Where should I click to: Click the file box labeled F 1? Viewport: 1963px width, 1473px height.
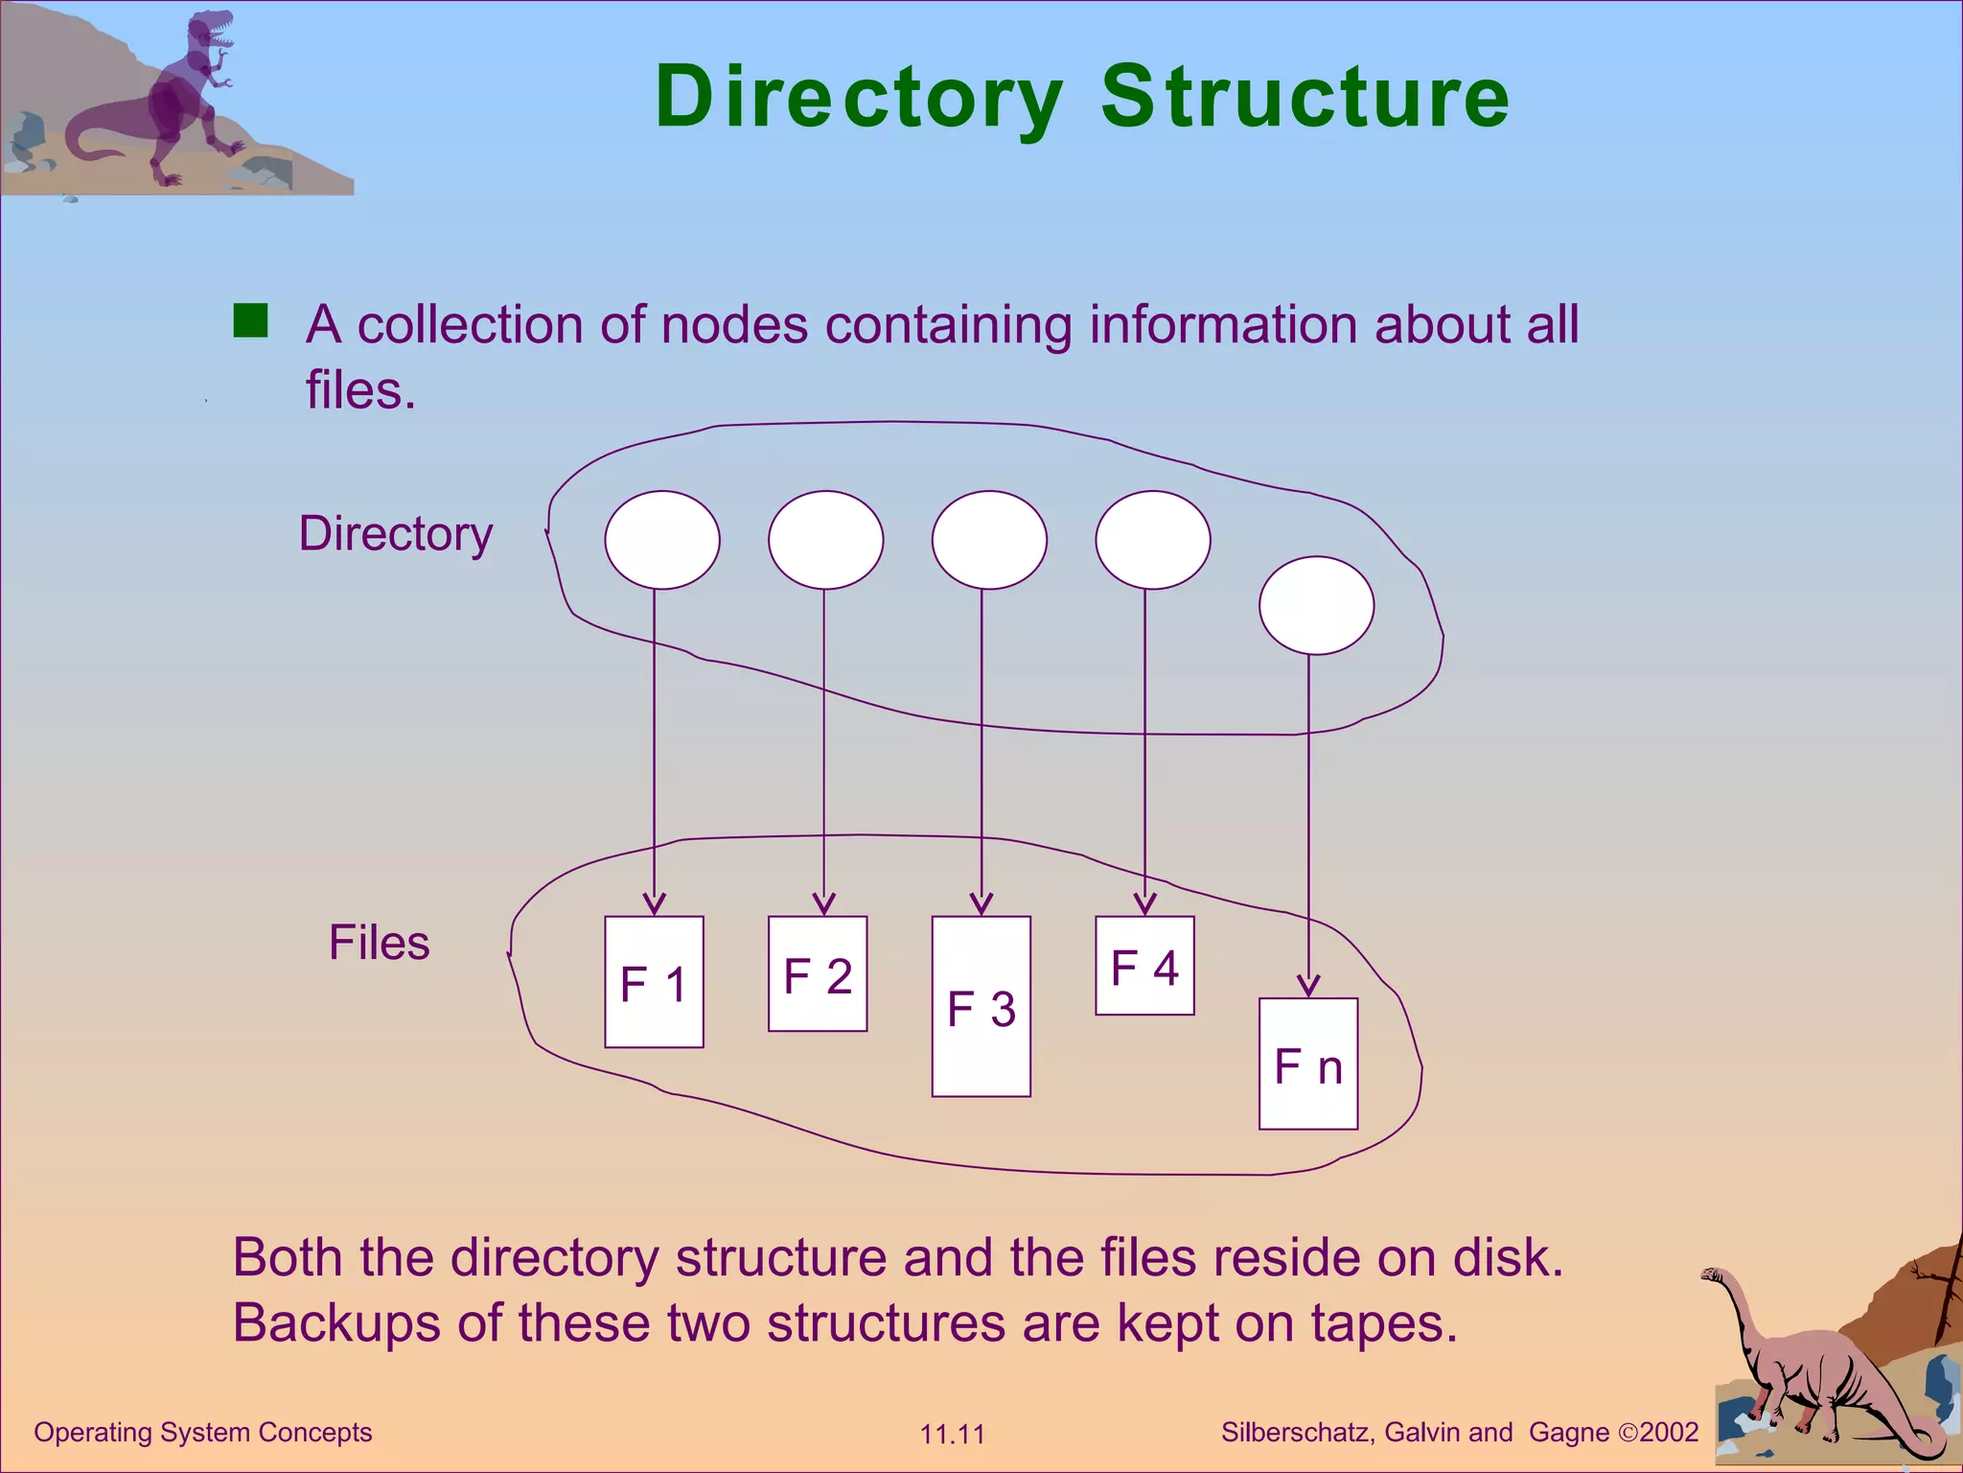click(654, 982)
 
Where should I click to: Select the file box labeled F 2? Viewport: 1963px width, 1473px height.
click(818, 974)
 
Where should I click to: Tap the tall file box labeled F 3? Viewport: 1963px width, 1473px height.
click(981, 1007)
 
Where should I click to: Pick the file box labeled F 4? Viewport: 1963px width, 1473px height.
click(1144, 966)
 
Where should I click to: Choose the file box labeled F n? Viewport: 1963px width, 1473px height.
click(1308, 1064)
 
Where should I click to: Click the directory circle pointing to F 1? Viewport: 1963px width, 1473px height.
click(662, 540)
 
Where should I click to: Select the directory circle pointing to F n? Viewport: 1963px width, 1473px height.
click(1316, 606)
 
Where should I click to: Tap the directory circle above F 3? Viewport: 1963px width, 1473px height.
click(989, 540)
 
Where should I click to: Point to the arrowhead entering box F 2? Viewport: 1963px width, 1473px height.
click(823, 904)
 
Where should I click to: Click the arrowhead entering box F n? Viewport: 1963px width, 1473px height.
click(1308, 986)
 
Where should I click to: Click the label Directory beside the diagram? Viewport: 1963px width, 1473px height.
click(396, 534)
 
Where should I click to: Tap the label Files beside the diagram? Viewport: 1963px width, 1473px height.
click(379, 943)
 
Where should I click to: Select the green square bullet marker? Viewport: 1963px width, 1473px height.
click(251, 321)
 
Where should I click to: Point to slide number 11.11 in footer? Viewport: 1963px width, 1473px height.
click(952, 1435)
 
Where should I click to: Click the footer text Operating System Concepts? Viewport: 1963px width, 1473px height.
click(202, 1432)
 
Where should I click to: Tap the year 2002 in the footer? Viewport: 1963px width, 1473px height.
click(1669, 1432)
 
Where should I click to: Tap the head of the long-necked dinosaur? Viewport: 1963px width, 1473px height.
click(1712, 1274)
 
